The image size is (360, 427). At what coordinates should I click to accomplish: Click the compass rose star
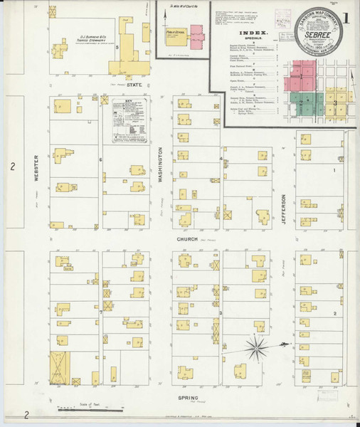[x=258, y=347]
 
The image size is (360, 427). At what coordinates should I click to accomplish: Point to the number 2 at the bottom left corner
[x=26, y=414]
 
